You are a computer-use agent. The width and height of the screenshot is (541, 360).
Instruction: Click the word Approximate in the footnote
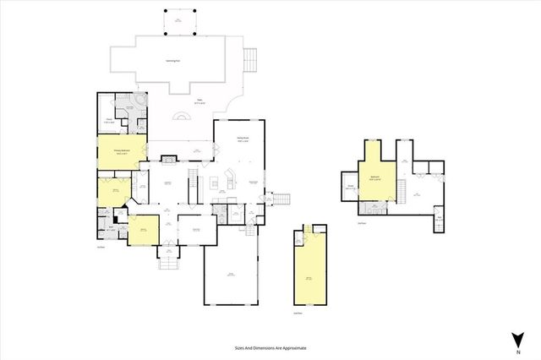292,347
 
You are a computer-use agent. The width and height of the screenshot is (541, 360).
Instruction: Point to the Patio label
201,101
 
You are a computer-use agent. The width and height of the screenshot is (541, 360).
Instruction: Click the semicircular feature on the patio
183,118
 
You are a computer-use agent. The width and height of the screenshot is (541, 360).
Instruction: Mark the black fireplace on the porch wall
168,156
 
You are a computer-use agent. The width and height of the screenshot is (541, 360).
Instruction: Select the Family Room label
243,140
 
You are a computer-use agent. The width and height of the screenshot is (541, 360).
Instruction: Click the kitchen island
227,180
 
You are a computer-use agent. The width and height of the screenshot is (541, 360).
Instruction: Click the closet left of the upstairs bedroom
350,188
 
